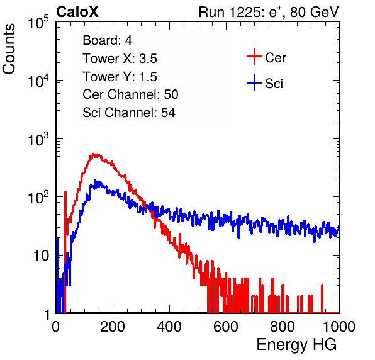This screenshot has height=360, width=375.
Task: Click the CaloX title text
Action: click(x=77, y=12)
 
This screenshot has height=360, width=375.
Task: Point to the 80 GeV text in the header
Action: click(x=314, y=12)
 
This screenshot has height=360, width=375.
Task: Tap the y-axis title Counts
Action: click(x=9, y=49)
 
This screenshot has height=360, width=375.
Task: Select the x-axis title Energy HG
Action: click(x=296, y=345)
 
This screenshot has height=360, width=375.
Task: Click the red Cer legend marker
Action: click(x=254, y=57)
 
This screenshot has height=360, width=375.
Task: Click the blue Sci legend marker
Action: click(x=254, y=82)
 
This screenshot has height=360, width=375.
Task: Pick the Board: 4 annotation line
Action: click(x=107, y=40)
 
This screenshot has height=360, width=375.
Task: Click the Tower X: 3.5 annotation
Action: click(x=120, y=59)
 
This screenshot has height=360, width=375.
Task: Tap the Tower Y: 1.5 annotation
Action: click(x=120, y=77)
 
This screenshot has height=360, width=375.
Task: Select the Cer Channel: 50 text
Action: click(x=130, y=94)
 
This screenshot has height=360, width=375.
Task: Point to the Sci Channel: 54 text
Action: click(x=129, y=113)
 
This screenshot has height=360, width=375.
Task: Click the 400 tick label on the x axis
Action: click(x=169, y=327)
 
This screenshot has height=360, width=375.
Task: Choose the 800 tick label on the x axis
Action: click(x=283, y=327)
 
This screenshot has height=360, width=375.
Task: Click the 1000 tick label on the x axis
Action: click(x=339, y=327)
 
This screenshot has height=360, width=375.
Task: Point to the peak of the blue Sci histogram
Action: click(x=95, y=181)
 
